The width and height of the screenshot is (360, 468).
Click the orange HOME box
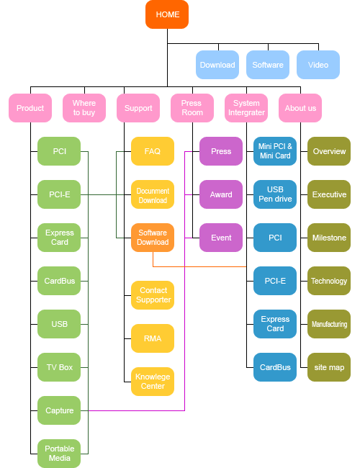(167, 14)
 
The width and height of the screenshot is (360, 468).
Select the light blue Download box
(217, 65)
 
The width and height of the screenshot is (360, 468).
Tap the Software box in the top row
(268, 65)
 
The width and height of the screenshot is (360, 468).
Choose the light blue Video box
(318, 65)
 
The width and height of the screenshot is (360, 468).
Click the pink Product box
(30, 108)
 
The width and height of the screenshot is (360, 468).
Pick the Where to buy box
(84, 108)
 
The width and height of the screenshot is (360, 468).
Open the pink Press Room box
(192, 108)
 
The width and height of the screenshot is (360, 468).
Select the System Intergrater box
(246, 108)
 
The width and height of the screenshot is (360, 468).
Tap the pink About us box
(300, 108)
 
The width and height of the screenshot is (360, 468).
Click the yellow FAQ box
(153, 151)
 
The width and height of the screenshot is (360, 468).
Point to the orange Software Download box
(153, 238)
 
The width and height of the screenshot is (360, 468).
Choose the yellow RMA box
(153, 338)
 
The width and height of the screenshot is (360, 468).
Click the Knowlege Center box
(153, 382)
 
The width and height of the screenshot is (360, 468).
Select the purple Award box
(221, 194)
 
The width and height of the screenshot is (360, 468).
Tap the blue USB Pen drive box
(275, 194)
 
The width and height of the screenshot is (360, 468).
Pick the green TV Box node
(59, 367)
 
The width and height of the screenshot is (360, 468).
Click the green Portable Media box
(59, 454)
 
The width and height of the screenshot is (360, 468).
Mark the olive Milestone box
(329, 238)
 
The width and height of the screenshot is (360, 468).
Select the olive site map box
(329, 367)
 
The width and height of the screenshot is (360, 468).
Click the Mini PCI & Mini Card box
(275, 151)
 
